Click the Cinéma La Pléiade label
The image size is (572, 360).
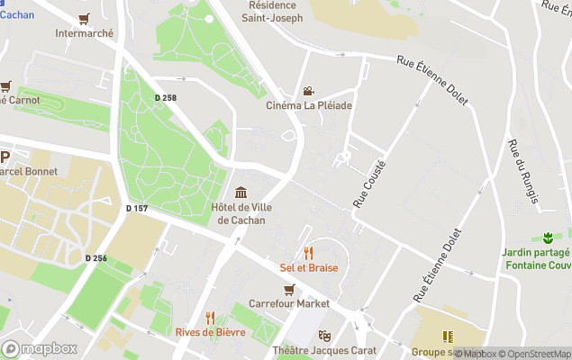(309, 105)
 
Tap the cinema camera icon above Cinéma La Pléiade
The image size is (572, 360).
(309, 91)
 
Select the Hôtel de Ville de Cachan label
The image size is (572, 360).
(241, 214)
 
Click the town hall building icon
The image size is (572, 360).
(241, 192)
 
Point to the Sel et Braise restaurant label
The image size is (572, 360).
(309, 267)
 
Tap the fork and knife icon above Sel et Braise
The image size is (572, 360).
(309, 253)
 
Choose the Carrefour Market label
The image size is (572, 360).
(288, 303)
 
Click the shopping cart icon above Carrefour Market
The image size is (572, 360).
(289, 289)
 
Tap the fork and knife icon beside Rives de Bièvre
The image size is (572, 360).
(210, 318)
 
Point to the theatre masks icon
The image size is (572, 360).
(324, 336)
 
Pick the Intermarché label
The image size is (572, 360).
(85, 33)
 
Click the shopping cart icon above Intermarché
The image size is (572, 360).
(84, 19)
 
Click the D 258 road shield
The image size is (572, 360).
(165, 97)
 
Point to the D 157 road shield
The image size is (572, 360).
(136, 209)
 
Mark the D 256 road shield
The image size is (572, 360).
(96, 258)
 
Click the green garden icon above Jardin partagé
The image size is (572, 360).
(546, 238)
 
